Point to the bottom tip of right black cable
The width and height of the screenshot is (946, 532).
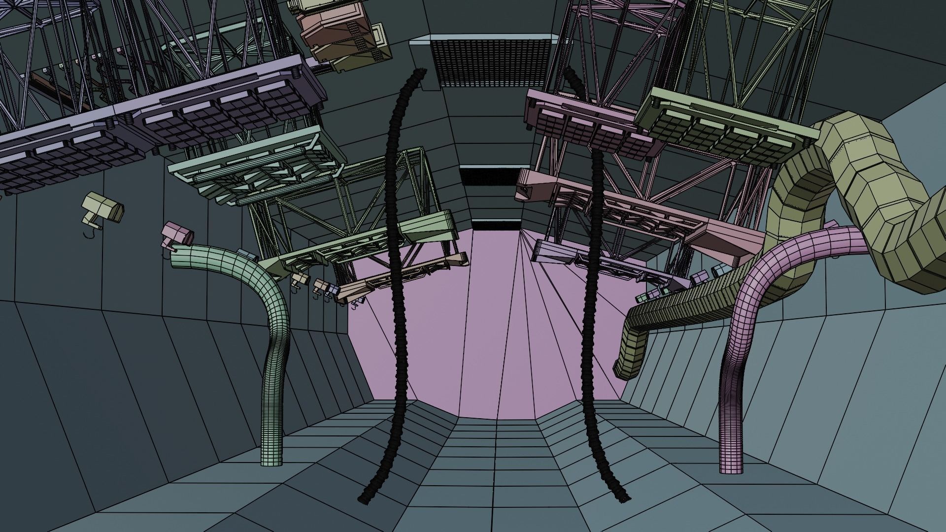[622, 498]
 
